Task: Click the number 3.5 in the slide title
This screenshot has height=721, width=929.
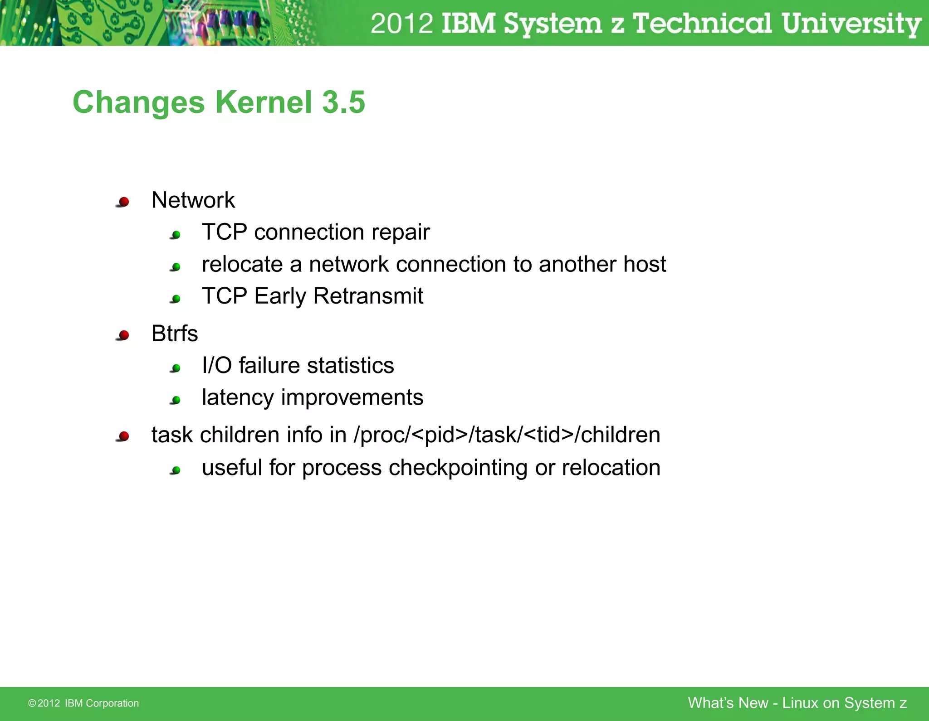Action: pos(343,102)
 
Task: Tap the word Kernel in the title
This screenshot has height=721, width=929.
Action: pos(263,102)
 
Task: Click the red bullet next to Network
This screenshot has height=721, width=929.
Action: pos(123,202)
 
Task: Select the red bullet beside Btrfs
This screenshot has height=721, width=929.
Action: pos(123,335)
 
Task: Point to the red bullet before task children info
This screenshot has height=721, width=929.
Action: pos(123,436)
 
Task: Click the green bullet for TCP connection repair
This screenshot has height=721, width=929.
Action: pos(176,235)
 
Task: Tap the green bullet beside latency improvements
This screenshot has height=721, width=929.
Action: pos(176,400)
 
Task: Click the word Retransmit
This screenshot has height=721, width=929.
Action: pos(368,296)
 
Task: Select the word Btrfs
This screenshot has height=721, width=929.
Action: pos(175,334)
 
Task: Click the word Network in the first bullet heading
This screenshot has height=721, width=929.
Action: pos(193,200)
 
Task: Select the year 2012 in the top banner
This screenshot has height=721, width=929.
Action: pos(401,24)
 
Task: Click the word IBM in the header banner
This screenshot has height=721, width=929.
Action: pos(468,24)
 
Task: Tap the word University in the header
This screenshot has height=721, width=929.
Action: pos(851,24)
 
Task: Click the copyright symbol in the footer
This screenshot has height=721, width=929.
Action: pos(32,703)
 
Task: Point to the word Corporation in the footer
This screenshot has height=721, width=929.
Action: pos(112,703)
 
